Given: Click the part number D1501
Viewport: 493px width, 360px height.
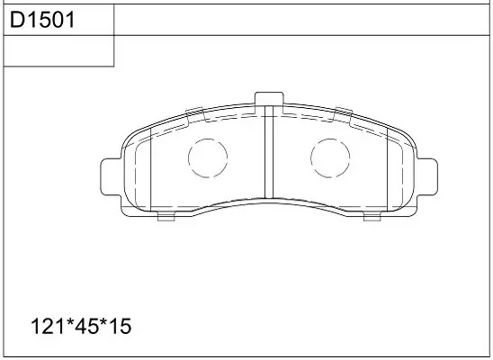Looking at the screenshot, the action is coord(42,20).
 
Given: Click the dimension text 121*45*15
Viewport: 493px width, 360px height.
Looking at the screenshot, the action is coord(81,326).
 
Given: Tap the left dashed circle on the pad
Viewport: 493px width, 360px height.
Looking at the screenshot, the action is coord(208,157).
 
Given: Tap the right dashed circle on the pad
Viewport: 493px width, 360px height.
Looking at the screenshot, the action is coord(330,157).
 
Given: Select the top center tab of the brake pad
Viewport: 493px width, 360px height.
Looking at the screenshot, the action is coord(269,99).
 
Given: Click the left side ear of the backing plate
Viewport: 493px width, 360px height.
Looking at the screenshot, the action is coord(111,177).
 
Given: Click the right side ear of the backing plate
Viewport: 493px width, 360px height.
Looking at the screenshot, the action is coord(427,177).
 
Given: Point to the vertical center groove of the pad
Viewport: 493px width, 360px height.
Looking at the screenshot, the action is coord(269,152).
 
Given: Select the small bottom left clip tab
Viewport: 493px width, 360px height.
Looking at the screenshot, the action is coord(166,216).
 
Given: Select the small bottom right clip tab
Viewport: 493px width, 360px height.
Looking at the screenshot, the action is coord(372,216).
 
